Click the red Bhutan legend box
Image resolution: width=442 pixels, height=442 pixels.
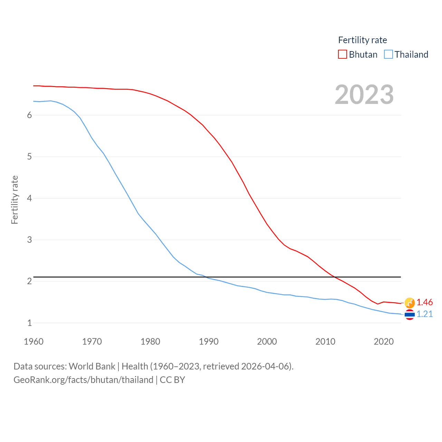tap(342, 55)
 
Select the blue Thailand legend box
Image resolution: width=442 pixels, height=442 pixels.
tap(388, 55)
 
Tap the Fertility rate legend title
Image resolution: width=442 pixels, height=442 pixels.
tap(363, 40)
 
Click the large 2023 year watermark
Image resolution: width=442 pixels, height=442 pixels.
tap(364, 95)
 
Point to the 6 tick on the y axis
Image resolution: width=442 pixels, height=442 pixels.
tap(30, 115)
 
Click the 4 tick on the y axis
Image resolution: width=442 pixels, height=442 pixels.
tap(30, 198)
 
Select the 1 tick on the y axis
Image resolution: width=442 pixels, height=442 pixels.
tap(30, 323)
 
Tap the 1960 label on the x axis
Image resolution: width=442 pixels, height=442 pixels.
tap(33, 342)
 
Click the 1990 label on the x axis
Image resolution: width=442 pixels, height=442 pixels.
tap(209, 342)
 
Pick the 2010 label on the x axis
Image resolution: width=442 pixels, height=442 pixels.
tap(325, 342)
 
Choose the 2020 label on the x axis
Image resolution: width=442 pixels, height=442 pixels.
tap(384, 342)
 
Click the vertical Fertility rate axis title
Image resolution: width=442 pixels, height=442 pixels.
tap(15, 200)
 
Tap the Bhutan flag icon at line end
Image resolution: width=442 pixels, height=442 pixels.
tap(410, 302)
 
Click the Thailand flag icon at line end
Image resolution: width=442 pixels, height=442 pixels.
tap(410, 315)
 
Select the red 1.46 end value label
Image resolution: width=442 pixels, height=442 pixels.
tap(424, 302)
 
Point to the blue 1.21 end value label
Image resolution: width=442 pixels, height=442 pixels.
tap(424, 314)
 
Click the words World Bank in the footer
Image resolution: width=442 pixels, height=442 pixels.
tap(92, 366)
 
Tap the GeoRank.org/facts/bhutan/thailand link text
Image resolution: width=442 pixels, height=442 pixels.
tap(83, 380)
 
